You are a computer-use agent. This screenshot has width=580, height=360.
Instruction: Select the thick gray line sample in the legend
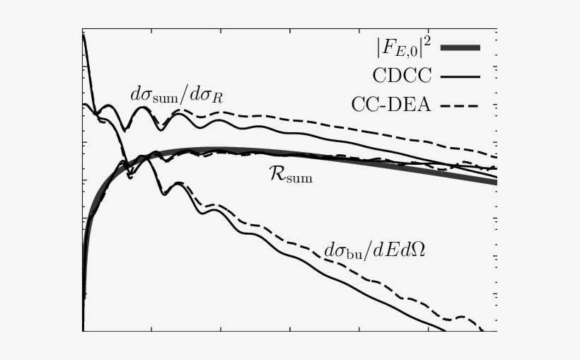coord(460,47)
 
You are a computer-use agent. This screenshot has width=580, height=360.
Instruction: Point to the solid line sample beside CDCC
coord(460,76)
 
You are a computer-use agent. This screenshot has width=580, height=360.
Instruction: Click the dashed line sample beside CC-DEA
coord(460,105)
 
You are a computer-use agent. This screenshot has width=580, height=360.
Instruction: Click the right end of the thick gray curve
coord(496,182)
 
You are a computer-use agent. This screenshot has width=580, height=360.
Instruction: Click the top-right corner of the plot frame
coord(497,29)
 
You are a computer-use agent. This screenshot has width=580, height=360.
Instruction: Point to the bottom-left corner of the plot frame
coord(83,331)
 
